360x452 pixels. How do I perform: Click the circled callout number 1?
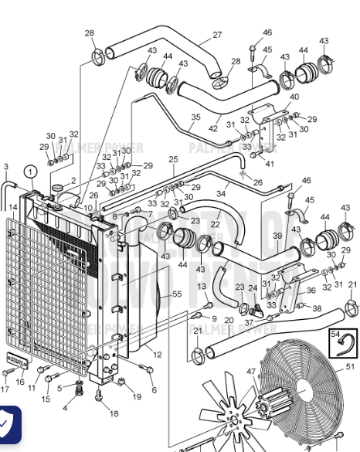tap(29, 172)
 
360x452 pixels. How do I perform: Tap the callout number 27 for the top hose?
tap(217, 35)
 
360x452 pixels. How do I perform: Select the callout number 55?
tap(177, 294)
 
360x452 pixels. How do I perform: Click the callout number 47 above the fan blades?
tap(251, 372)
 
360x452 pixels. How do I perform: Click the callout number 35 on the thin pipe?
tap(195, 117)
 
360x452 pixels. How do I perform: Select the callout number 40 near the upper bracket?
tap(294, 97)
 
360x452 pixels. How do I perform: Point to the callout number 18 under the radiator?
tap(114, 413)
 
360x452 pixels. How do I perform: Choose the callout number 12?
tap(158, 355)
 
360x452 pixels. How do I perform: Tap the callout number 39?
tap(277, 235)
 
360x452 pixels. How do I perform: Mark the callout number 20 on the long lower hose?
tap(229, 320)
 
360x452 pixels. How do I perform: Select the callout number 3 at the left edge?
tap(6, 167)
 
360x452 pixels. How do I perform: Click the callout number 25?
tap(173, 159)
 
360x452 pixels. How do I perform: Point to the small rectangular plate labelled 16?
tap(16, 360)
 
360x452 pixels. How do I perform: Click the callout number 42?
tap(213, 128)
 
